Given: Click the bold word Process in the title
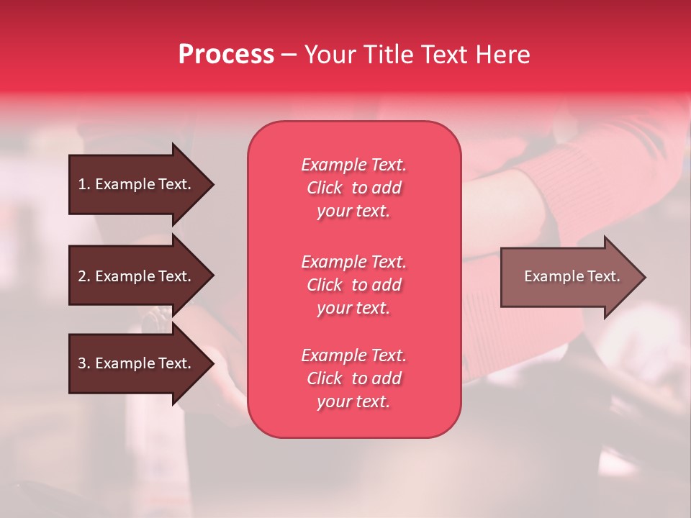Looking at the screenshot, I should [x=226, y=55].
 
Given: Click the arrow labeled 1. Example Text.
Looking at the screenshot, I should [x=137, y=184].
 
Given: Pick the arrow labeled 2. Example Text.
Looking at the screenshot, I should [x=137, y=276].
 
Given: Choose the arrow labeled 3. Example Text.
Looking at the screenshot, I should [x=137, y=363].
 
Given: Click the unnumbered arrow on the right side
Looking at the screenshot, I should [x=569, y=276].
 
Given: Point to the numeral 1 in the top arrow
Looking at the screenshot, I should [x=82, y=184].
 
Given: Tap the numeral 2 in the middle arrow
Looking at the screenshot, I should [x=82, y=276].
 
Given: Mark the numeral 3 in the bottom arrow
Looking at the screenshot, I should [x=82, y=363].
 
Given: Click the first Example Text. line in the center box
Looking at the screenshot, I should [x=353, y=165].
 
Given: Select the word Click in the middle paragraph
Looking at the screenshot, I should [x=325, y=285].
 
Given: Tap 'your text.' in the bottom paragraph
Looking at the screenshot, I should [x=353, y=402].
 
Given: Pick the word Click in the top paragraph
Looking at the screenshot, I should [x=325, y=188].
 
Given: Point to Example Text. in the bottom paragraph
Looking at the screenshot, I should [x=353, y=355].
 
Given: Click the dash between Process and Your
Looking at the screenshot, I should [x=289, y=55].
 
